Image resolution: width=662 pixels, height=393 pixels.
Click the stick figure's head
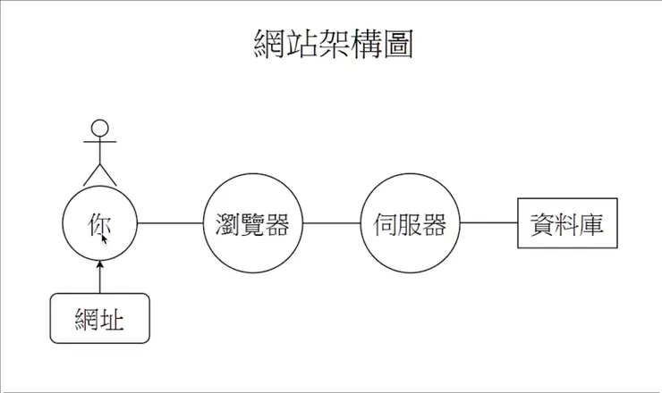tap(100, 127)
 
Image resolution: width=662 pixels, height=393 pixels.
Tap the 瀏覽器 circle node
tap(253, 222)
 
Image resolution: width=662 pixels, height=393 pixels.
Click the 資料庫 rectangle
tap(567, 223)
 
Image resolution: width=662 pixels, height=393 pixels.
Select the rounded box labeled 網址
tap(99, 317)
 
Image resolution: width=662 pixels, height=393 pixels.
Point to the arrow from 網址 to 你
tap(99, 277)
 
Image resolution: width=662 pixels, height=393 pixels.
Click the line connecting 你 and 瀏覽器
tap(170, 222)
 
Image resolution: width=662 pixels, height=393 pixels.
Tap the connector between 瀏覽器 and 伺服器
tap(331, 222)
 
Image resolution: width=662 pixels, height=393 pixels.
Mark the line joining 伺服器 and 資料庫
tap(488, 222)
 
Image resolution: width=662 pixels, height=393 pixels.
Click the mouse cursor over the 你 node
tap(104, 238)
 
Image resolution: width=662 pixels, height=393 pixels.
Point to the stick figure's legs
tap(100, 172)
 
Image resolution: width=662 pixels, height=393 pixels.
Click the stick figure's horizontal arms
tap(100, 140)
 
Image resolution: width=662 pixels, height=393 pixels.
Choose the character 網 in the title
tap(267, 43)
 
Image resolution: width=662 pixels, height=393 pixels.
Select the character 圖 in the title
tap(397, 43)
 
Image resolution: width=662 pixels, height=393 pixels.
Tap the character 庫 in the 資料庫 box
tap(590, 223)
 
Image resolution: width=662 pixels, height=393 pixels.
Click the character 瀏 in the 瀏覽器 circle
tap(229, 223)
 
